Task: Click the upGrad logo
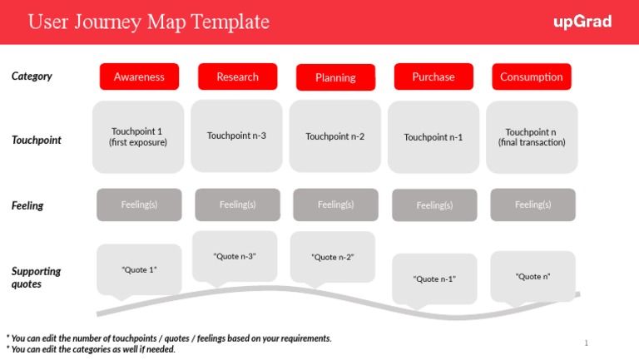tap(582, 22)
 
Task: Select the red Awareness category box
tap(139, 76)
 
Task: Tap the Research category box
tap(237, 76)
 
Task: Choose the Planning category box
tap(335, 77)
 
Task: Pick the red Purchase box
tap(433, 76)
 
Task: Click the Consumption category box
tap(531, 76)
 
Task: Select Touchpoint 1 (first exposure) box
tap(138, 137)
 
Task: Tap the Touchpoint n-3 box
tap(236, 136)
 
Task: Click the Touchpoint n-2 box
tap(334, 136)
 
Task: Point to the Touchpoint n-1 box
tap(433, 137)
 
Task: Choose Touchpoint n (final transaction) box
tap(532, 137)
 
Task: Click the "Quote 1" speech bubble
tap(139, 269)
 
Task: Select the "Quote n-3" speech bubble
tap(235, 256)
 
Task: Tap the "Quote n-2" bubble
tap(333, 257)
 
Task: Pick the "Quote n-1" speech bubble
tap(434, 278)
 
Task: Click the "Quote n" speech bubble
tap(532, 276)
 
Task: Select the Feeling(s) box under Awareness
tap(139, 205)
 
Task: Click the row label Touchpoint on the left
tap(36, 141)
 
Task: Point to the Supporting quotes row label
tap(36, 277)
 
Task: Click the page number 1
tap(586, 343)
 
